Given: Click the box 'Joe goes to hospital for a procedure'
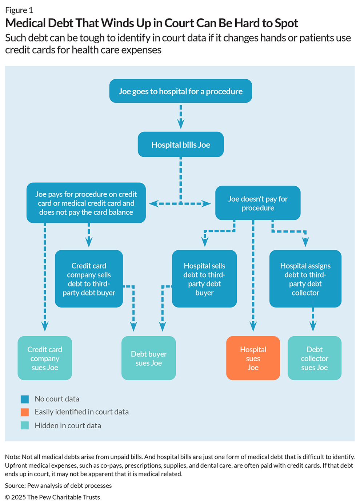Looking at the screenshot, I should pos(180,91).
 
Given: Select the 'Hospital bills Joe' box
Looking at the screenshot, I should pos(180,144).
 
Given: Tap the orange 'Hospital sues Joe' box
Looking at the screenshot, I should pos(253,358).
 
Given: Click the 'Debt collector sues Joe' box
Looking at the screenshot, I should pos(314,358).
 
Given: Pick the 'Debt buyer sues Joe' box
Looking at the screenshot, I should pos(148,358).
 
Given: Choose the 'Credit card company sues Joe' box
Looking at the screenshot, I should pos(45,358).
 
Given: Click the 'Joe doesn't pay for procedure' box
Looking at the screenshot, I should pos(257,203).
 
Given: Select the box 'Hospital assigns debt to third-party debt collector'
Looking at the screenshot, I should pos(305,279).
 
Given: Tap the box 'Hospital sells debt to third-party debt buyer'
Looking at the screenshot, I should pos(204,279).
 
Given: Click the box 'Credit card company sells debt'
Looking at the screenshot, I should pos(89,279).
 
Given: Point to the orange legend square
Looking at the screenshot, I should pos(25,412).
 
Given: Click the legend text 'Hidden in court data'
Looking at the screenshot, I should pos(68,425).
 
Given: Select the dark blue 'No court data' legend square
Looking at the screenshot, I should pos(25,399).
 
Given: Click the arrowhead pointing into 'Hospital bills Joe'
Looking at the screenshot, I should pos(181,124).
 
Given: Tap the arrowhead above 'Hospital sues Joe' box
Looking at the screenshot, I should pos(253,326).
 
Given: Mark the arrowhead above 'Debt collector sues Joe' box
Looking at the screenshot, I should pos(313,326).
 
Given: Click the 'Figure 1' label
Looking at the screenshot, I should pos(19,10).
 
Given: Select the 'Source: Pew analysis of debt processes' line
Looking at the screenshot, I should pos(58,485).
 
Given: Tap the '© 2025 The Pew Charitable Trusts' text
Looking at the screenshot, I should pos(52,497).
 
